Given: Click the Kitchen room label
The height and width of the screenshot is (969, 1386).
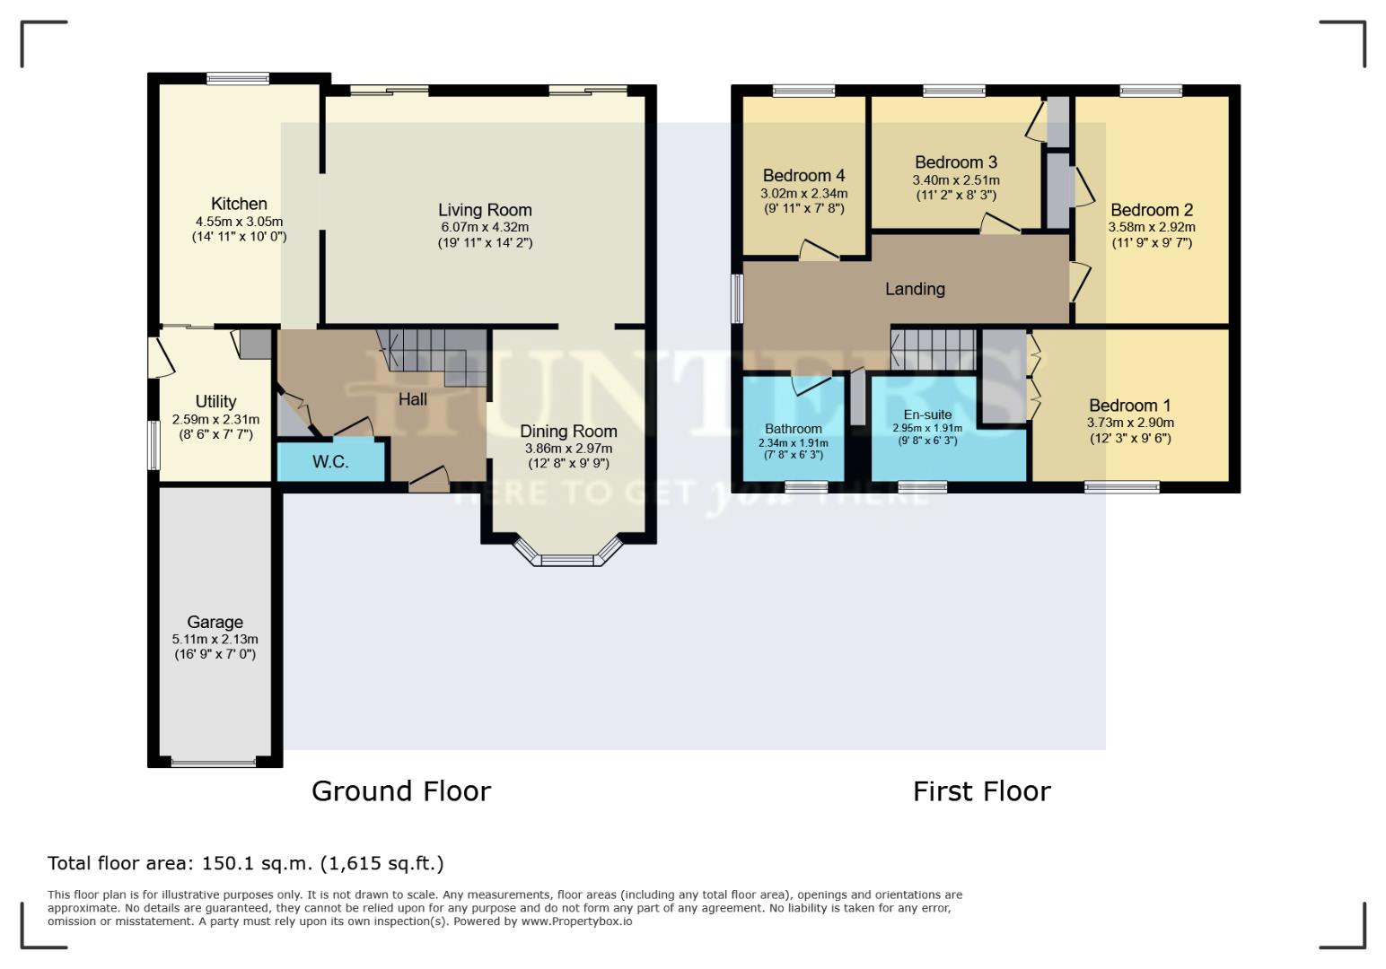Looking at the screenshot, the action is (239, 204).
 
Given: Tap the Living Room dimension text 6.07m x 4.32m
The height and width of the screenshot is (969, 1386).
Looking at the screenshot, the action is (485, 227).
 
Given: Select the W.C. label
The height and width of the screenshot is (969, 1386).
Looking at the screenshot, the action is (330, 461).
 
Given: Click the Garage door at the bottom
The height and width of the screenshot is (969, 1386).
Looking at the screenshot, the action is (214, 763).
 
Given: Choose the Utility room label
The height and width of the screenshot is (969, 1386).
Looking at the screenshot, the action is (215, 401).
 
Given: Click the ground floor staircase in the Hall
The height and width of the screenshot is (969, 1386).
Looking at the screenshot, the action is (433, 356).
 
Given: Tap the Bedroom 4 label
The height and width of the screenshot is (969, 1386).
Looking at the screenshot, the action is (803, 176).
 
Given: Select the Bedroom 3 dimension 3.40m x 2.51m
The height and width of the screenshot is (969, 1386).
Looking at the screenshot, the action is (956, 180).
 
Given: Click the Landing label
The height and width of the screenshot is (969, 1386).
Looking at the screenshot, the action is (915, 289).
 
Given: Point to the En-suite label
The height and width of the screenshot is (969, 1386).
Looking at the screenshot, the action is (927, 415).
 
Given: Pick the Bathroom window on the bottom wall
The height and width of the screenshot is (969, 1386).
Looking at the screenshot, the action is (806, 487).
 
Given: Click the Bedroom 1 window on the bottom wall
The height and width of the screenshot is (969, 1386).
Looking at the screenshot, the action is (1122, 487).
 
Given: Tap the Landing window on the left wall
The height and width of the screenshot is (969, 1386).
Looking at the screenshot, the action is (737, 299).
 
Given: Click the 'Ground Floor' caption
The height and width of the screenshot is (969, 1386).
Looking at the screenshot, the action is (401, 791).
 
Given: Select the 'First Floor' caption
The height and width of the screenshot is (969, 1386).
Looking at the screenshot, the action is (982, 791).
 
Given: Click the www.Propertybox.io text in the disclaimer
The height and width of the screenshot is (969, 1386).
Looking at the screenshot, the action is (576, 921).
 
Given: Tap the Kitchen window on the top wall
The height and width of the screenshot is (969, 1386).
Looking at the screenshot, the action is (238, 79).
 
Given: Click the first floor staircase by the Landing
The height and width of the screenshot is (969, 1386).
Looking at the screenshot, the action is (934, 349).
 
